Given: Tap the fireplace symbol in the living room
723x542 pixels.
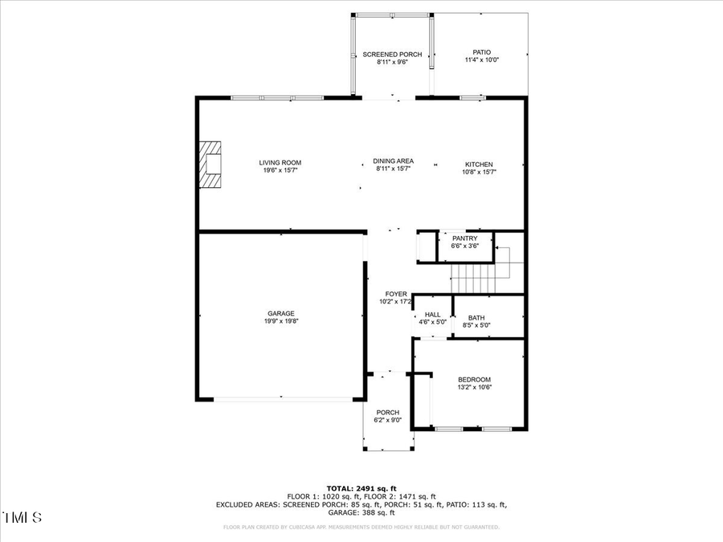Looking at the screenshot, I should (210, 165).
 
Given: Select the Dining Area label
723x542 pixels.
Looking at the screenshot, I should (394, 161).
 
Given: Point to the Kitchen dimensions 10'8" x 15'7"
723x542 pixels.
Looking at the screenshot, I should (479, 172).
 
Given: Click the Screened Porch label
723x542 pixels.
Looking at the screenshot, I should (392, 55).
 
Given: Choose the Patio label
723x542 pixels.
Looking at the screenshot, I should (481, 52).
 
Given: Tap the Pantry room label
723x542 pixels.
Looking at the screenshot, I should (464, 238).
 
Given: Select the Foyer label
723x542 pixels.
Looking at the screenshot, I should (396, 294).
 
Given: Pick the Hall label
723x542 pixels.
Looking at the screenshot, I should (432, 315).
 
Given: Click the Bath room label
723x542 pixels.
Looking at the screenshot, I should (476, 317).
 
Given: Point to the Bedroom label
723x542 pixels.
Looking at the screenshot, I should (474, 380).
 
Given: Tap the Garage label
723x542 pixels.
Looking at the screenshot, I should (281, 313).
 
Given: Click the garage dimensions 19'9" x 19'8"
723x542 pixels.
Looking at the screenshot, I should (281, 321).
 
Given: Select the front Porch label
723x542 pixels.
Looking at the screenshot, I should (388, 413).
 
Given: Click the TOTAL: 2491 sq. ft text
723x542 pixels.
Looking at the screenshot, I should (361, 488).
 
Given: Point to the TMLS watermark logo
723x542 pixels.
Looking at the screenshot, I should (23, 517).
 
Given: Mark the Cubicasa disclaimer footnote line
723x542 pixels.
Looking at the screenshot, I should (361, 528).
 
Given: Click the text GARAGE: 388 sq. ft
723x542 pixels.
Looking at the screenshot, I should (361, 512).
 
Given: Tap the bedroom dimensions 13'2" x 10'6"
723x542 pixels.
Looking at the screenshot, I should (474, 387).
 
